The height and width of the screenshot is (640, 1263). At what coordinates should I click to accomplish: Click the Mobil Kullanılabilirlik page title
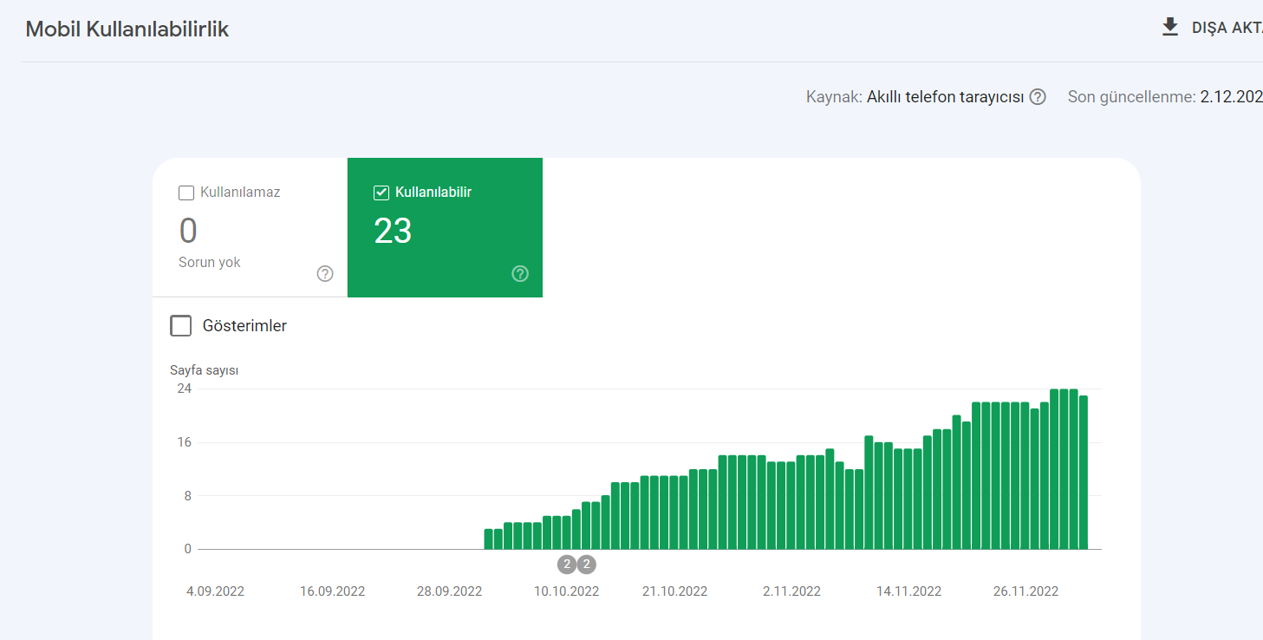click(x=127, y=29)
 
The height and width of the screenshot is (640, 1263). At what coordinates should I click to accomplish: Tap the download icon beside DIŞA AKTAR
click(x=1170, y=27)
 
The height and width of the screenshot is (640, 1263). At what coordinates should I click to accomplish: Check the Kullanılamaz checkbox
click(x=186, y=193)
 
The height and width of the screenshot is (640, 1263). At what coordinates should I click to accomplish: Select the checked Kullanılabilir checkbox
click(x=381, y=193)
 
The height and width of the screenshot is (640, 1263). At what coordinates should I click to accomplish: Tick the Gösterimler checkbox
click(x=181, y=325)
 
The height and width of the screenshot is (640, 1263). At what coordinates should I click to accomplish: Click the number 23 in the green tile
click(x=393, y=231)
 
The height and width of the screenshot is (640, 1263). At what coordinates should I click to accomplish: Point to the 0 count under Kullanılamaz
click(x=188, y=231)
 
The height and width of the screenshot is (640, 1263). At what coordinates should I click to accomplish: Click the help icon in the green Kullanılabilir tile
click(x=520, y=273)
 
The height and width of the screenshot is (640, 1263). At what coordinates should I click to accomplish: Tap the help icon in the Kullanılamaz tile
click(x=325, y=273)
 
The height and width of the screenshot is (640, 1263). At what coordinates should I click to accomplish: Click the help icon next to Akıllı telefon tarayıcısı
click(x=1038, y=97)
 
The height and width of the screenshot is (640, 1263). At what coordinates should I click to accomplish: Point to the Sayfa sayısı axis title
click(x=204, y=370)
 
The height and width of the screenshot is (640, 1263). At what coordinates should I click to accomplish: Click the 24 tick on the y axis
click(x=185, y=389)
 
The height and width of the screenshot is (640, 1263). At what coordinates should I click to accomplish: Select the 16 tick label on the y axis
click(x=185, y=442)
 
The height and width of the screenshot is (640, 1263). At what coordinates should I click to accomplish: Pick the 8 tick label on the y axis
click(x=188, y=496)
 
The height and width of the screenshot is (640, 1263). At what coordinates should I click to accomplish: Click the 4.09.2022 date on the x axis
click(x=215, y=591)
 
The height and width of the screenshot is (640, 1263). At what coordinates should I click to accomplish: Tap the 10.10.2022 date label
click(x=567, y=591)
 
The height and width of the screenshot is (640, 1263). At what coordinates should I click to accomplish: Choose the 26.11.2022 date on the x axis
click(x=1025, y=591)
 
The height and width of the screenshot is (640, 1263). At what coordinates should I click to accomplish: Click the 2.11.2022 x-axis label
click(x=791, y=591)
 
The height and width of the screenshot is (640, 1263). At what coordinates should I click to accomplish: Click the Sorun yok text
click(x=209, y=262)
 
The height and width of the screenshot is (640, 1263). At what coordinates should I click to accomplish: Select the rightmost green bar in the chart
click(x=1084, y=473)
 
